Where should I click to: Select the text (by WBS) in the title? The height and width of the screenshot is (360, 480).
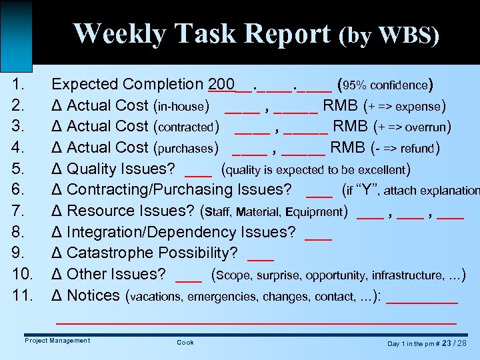pos(389,35)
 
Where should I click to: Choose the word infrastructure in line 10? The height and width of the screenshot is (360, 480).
pos(409,275)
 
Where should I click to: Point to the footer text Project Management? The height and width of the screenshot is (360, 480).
pos(57,341)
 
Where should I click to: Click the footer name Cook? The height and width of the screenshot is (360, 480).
pos(185,343)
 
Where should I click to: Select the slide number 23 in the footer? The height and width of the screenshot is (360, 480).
pos(447,343)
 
